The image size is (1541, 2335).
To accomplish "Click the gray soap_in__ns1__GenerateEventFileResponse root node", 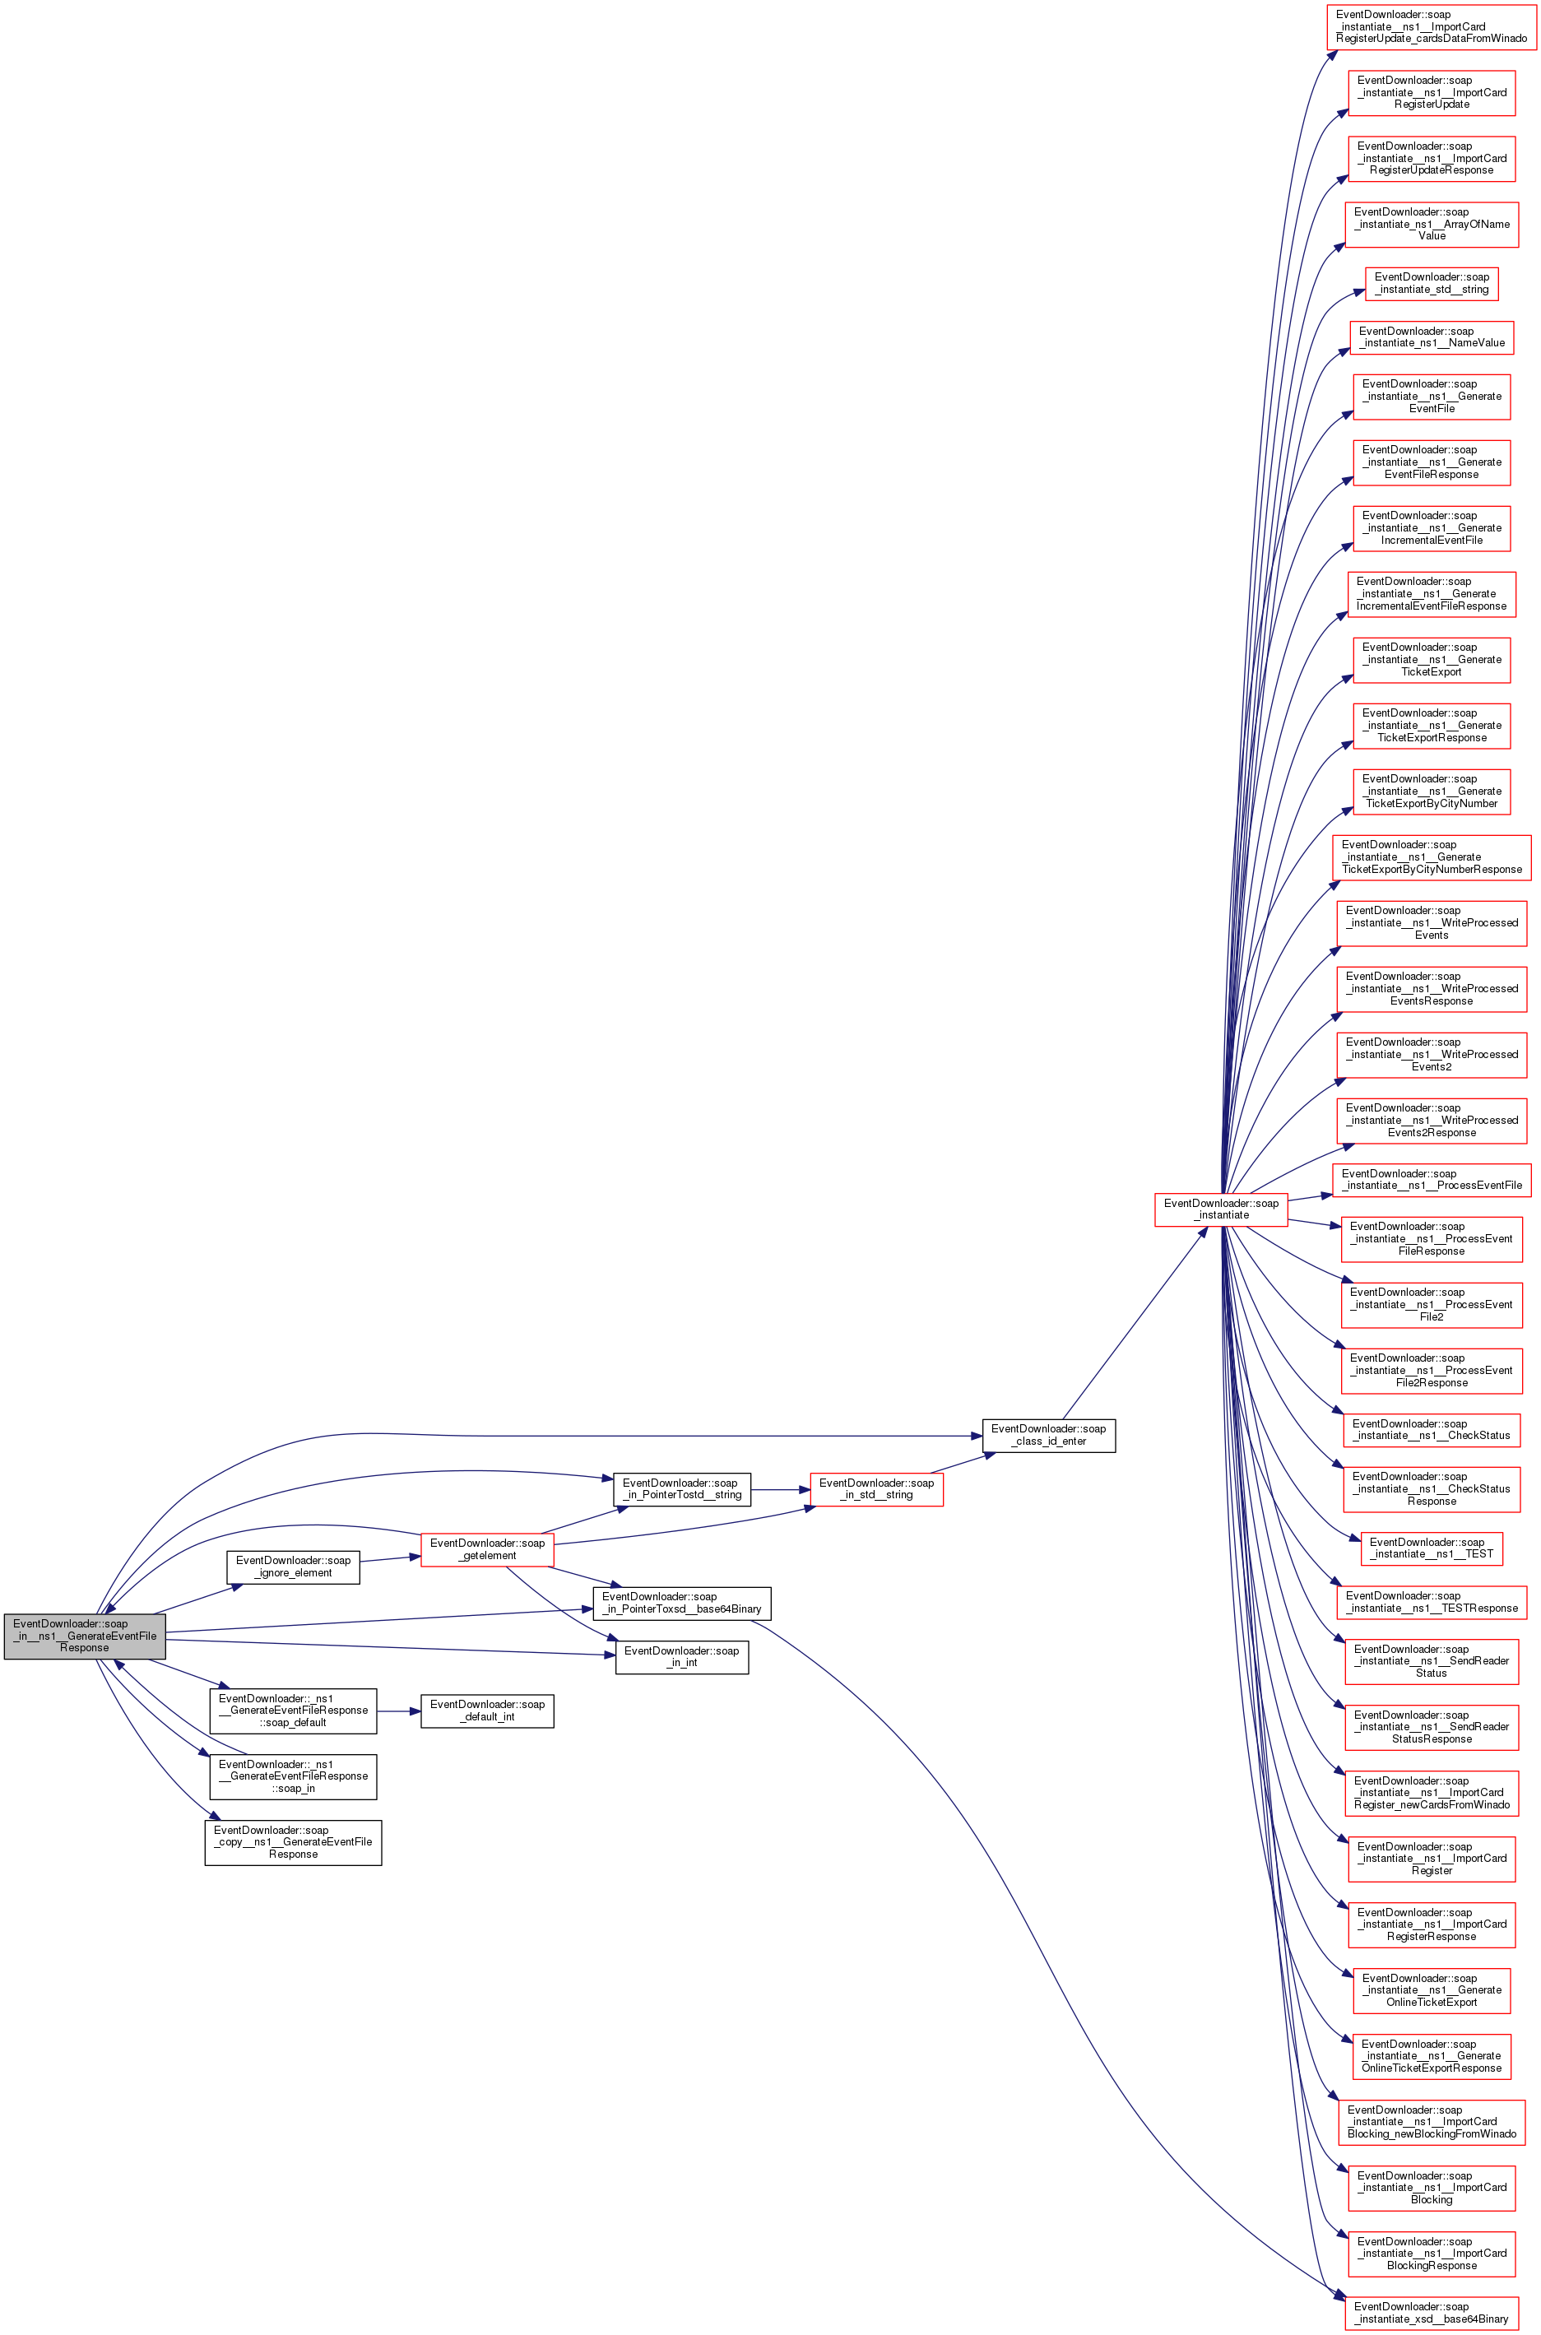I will point(85,1636).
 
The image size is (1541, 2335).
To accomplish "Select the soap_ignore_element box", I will point(293,1567).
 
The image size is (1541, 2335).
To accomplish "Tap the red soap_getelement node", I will point(487,1548).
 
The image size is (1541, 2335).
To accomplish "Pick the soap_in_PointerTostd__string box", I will point(682,1489).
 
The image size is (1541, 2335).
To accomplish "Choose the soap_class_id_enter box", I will point(1049,1435).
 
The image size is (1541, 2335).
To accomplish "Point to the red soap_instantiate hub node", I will point(1222,1209).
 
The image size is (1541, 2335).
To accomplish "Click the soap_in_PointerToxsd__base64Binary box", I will point(682,1603).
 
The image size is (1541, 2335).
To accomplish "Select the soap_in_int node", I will point(682,1657).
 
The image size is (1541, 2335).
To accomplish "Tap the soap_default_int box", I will point(487,1711).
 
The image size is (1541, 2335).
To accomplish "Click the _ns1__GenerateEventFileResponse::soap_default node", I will point(293,1711).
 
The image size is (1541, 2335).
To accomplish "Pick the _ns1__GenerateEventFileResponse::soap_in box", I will point(293,1777).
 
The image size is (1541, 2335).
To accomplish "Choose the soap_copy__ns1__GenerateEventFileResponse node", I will point(293,1843).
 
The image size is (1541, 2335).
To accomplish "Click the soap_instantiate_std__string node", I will point(1432,283).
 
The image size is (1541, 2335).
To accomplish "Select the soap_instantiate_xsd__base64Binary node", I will point(1432,2313).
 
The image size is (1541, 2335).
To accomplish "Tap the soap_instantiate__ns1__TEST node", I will point(1432,1548).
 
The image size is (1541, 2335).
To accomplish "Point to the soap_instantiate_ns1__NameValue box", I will point(1432,337).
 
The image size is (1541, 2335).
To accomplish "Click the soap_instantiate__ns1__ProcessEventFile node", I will point(1432,1179).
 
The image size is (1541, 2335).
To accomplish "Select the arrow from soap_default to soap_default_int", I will point(399,1711).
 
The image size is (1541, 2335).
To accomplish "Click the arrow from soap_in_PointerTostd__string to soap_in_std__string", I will point(780,1489).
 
